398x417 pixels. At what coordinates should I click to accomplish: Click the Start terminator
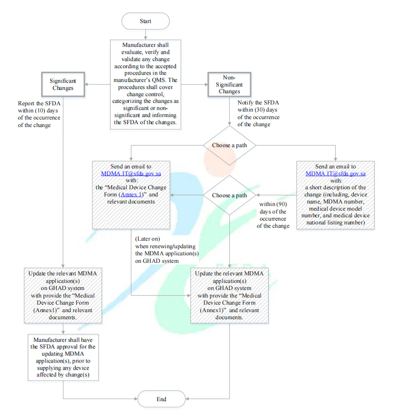tap(145, 21)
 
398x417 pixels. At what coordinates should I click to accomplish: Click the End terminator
tap(161, 399)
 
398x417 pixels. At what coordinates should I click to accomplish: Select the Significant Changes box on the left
tap(63, 84)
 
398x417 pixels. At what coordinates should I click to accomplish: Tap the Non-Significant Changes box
tap(229, 84)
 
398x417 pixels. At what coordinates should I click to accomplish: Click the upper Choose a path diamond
tap(229, 145)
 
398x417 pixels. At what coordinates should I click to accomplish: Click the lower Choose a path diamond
tap(229, 195)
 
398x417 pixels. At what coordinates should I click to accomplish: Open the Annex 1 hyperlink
tap(131, 194)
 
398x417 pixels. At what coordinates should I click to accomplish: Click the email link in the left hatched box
tap(131, 173)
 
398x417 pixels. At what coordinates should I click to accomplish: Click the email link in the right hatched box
tap(335, 173)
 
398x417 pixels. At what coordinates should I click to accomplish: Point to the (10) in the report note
tap(40, 110)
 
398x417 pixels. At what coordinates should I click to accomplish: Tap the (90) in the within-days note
tap(282, 204)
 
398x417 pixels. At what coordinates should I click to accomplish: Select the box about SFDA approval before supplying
tap(63, 357)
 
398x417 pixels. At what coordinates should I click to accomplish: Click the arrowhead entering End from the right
tap(187, 399)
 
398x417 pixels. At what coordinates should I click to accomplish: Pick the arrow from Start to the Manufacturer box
tap(145, 35)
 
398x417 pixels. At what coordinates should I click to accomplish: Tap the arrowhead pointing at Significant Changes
tap(86, 84)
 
